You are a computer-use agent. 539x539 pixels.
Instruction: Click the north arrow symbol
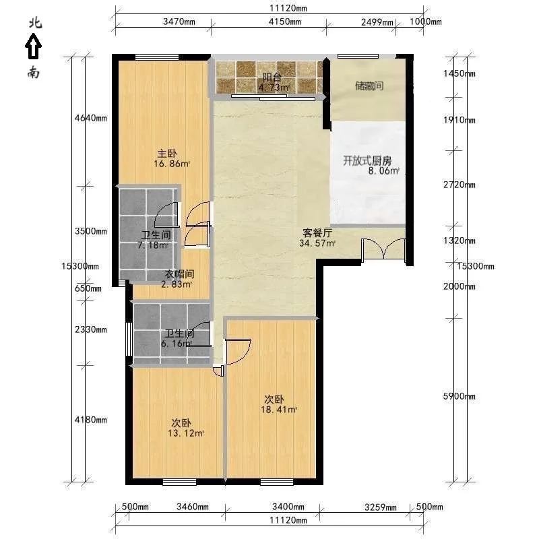[33, 46]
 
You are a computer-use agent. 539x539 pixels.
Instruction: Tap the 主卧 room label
[166, 154]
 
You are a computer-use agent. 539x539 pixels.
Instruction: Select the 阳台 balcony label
[272, 77]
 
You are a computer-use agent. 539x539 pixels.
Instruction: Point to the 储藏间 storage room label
[369, 86]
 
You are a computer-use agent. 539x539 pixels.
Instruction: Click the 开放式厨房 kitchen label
[367, 160]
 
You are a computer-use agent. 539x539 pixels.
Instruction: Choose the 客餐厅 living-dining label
[317, 232]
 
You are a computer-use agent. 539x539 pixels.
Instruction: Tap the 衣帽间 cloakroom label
[179, 274]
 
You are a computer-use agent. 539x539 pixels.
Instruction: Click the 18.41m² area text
[279, 410]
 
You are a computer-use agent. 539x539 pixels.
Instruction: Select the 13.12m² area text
[186, 433]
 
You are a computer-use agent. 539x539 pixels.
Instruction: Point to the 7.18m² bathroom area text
[153, 245]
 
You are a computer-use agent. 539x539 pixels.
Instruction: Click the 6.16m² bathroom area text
[176, 344]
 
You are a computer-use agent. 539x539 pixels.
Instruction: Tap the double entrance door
[383, 249]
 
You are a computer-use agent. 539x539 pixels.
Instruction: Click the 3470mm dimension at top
[179, 22]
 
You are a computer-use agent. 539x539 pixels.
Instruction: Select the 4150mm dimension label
[284, 22]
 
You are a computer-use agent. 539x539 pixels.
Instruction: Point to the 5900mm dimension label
[459, 396]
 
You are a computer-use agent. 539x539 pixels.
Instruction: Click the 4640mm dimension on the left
[91, 119]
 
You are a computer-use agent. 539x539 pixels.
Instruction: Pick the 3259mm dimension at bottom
[381, 507]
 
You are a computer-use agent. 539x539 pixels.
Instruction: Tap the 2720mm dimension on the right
[459, 185]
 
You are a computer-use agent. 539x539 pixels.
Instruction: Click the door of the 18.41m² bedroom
[239, 351]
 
